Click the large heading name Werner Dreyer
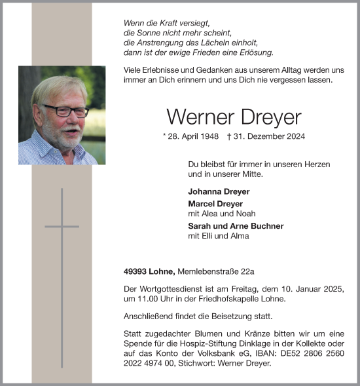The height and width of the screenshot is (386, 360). (233, 117)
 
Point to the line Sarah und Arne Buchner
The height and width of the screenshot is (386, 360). (236, 225)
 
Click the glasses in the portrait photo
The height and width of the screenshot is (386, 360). (65, 111)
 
